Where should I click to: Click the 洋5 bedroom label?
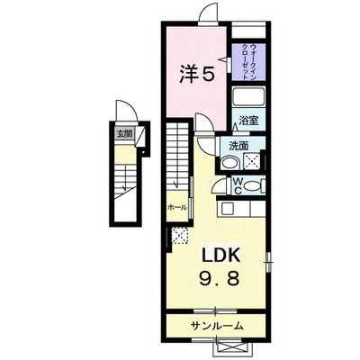[197, 74]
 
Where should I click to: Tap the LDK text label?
[220, 256]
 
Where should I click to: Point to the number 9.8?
[220, 278]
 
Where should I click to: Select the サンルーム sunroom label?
[217, 325]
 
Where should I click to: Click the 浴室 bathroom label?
[248, 121]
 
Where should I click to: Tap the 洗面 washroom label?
[238, 146]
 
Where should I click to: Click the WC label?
[238, 186]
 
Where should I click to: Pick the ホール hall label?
[177, 207]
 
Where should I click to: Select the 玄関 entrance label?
[124, 134]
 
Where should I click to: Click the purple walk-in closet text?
[249, 62]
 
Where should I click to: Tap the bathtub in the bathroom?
[248, 96]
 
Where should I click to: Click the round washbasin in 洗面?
[229, 163]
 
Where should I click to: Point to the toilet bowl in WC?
[253, 186]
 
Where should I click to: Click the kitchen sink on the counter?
[227, 208]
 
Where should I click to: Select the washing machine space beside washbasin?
[251, 161]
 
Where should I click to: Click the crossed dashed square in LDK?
[180, 236]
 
